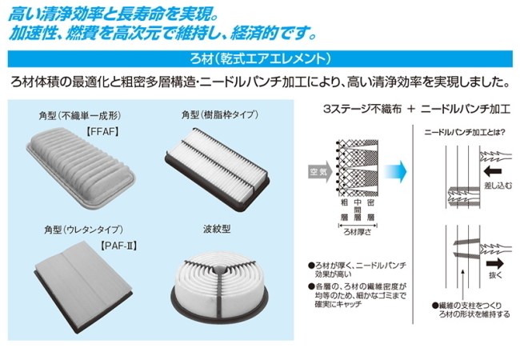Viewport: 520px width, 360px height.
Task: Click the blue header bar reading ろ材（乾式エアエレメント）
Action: (260, 58)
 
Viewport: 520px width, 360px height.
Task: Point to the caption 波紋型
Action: (217, 229)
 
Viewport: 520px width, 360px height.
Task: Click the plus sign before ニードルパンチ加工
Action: (409, 107)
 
